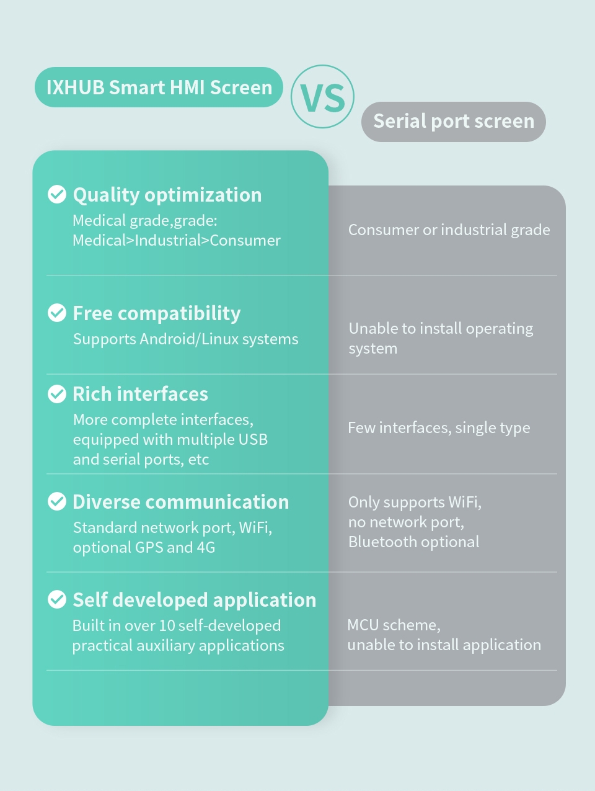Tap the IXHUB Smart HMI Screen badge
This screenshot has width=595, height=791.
pyautogui.click(x=159, y=87)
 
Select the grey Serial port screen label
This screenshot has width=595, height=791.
pyautogui.click(x=454, y=122)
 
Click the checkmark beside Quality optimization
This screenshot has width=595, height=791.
pyautogui.click(x=57, y=194)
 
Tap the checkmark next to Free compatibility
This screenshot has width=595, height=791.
pyautogui.click(x=57, y=313)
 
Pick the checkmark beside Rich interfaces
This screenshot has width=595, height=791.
pyautogui.click(x=57, y=394)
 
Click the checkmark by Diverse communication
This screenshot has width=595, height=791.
pyautogui.click(x=57, y=501)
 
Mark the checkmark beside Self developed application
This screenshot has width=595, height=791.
pyautogui.click(x=57, y=600)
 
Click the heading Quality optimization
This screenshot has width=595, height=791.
pyautogui.click(x=167, y=195)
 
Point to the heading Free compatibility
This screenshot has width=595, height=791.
pyautogui.click(x=157, y=313)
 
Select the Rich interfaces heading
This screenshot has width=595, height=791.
pyautogui.click(x=140, y=394)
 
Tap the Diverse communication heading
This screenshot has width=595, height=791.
pyautogui.click(x=181, y=502)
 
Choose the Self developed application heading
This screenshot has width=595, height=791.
pyautogui.click(x=195, y=601)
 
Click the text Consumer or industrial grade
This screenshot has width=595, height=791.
pyautogui.click(x=449, y=230)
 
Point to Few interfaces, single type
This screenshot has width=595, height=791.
pyautogui.click(x=439, y=427)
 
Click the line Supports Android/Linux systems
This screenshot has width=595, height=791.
pyautogui.click(x=186, y=339)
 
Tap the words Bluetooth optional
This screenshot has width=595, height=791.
pyautogui.click(x=413, y=542)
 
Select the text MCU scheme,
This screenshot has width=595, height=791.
pyautogui.click(x=394, y=625)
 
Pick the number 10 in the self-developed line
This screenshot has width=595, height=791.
pyautogui.click(x=167, y=626)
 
